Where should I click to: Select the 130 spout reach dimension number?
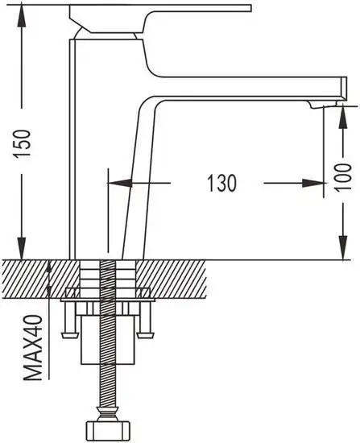pyautogui.click(x=221, y=184)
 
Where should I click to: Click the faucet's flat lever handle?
pyautogui.click(x=161, y=11)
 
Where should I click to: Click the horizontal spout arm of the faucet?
pyautogui.click(x=242, y=89)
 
